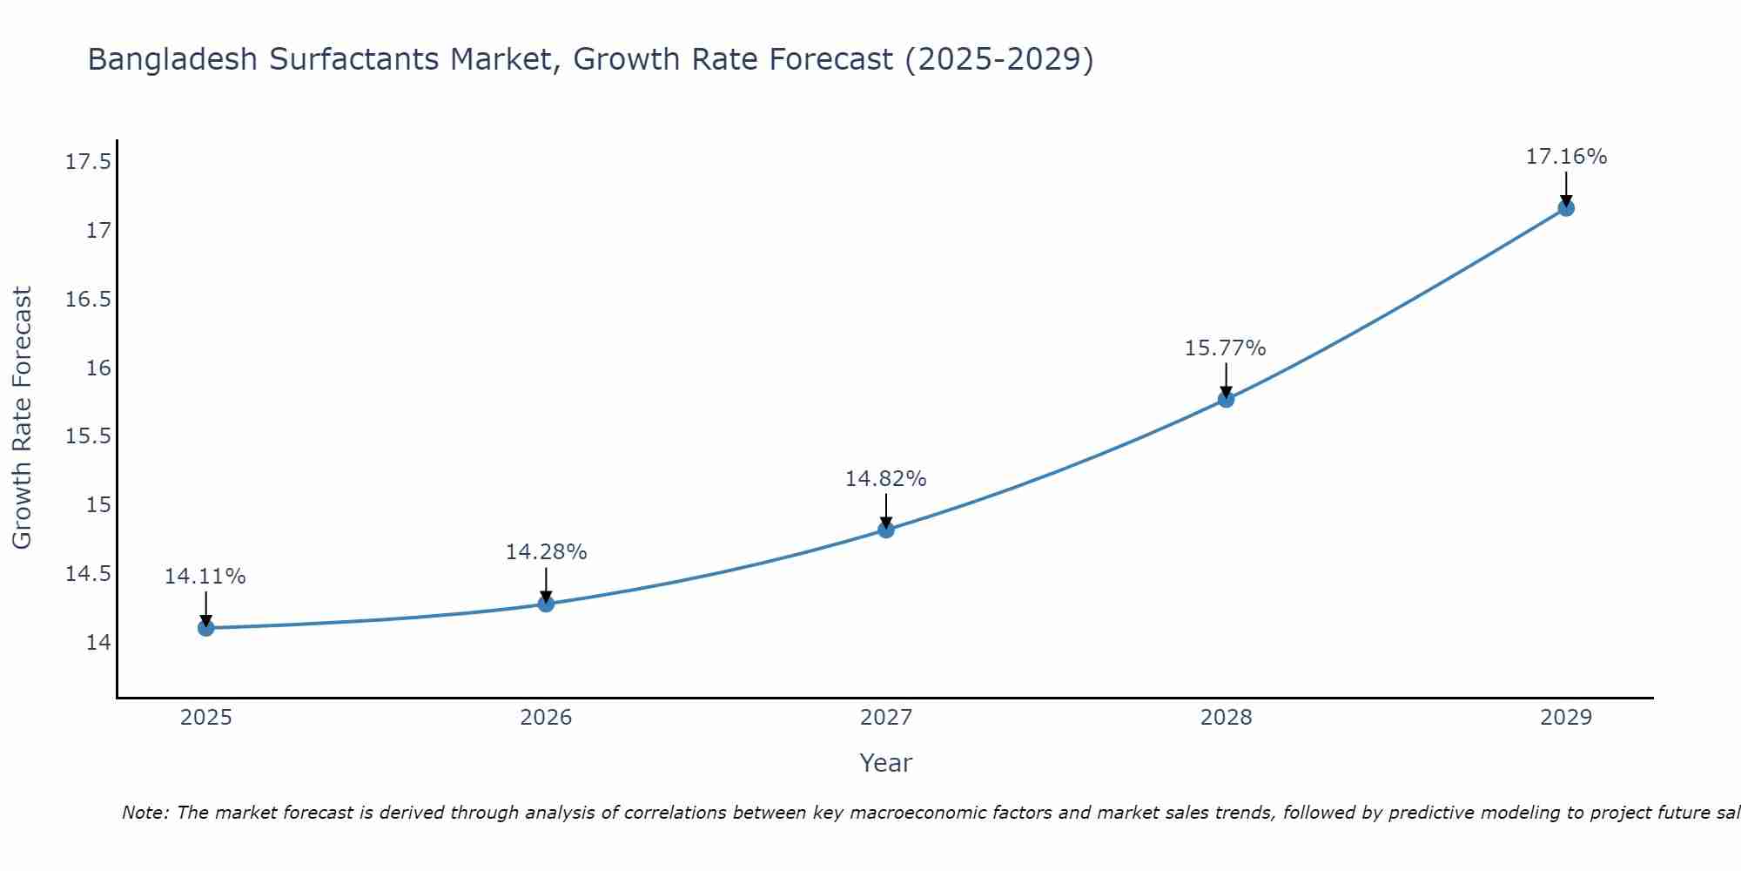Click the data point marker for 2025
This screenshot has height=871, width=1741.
coord(206,628)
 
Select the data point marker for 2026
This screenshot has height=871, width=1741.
coord(546,604)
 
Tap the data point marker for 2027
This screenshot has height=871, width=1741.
coord(886,530)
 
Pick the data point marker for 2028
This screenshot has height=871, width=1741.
coord(1226,400)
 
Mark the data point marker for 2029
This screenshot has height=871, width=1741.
coord(1566,208)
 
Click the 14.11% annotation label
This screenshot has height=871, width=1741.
coord(205,577)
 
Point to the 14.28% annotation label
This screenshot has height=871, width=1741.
coord(546,552)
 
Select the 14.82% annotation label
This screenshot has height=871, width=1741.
coord(886,479)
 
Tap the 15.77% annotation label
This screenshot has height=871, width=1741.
coord(1225,348)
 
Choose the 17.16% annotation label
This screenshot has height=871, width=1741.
coord(1566,157)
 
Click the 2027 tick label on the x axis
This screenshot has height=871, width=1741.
coord(886,718)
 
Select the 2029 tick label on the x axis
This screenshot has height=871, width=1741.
coord(1566,718)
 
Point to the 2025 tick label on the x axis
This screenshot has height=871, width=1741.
coord(206,718)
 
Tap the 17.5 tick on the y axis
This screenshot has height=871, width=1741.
coord(88,162)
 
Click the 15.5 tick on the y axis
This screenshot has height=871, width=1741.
coord(88,436)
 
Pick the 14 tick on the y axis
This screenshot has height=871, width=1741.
coord(98,643)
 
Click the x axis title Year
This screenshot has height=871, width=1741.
coord(886,763)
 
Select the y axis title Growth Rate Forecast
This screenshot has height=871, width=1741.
coord(23,418)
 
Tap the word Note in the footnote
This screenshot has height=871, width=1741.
coord(144,813)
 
